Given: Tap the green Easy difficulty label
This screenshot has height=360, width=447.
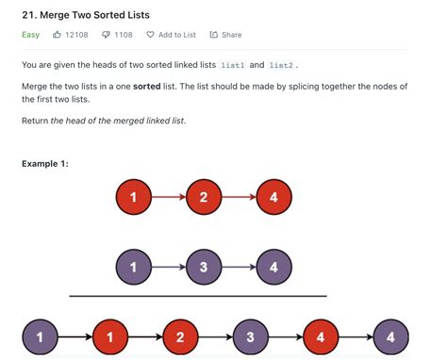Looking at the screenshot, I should [x=30, y=35].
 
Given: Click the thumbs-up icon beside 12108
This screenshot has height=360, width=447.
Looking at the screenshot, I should [x=58, y=35].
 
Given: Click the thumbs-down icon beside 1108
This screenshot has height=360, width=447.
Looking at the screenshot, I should [x=106, y=35].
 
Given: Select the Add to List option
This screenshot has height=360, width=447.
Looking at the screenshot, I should [x=172, y=35].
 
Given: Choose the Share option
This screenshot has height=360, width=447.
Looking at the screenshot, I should [x=225, y=35].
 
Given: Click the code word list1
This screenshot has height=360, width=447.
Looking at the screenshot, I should [x=232, y=65].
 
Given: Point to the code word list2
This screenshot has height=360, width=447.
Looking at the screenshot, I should [x=281, y=65].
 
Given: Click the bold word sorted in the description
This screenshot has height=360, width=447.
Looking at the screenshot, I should [x=145, y=87].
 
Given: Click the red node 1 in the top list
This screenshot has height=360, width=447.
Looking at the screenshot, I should [x=133, y=198].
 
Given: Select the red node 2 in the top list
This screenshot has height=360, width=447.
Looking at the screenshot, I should [x=203, y=198].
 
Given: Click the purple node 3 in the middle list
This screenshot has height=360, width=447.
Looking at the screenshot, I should [x=203, y=267].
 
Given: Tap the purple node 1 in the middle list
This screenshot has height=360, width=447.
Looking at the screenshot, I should [x=133, y=267].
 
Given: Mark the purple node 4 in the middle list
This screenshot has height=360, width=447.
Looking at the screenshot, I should [x=273, y=267].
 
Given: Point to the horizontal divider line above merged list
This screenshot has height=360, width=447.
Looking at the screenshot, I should [x=197, y=296].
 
